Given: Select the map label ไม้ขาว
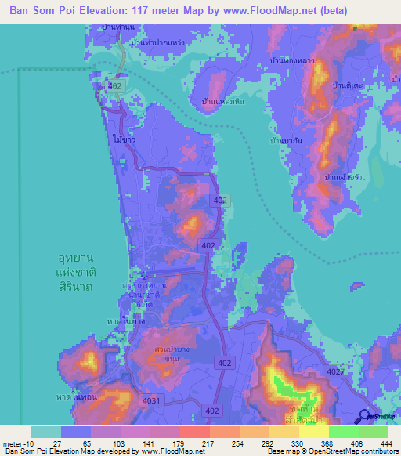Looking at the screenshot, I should (x=124, y=139).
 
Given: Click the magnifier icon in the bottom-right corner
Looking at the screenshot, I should (x=365, y=416).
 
